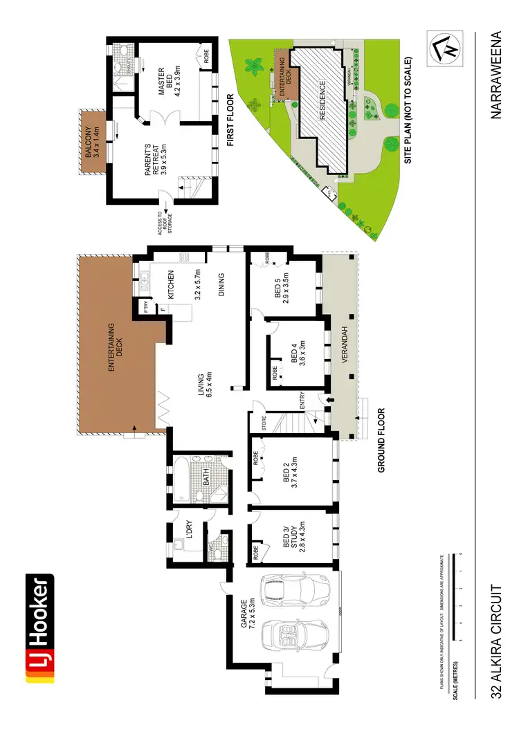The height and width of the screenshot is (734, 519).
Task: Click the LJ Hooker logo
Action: pyautogui.click(x=39, y=629)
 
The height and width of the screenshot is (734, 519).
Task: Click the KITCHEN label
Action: pyautogui.click(x=170, y=286)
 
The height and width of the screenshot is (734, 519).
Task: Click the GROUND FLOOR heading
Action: pyautogui.click(x=381, y=441)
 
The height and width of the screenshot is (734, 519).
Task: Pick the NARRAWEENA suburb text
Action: pyautogui.click(x=495, y=75)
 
